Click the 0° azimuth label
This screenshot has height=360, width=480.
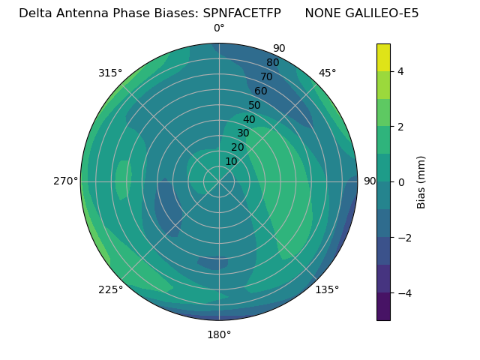tap(219, 28)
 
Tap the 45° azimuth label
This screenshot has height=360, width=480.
tap(327, 73)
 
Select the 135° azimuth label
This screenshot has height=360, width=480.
tap(327, 289)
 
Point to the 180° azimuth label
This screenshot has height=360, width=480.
tap(219, 334)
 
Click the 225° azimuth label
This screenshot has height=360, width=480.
tap(110, 289)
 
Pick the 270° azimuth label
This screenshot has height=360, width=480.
tap(66, 181)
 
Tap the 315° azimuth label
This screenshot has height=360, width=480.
tap(110, 73)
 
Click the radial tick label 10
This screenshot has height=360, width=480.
tap(231, 161)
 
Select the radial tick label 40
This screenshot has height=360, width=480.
tap(249, 119)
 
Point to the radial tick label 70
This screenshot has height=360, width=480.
tap(266, 76)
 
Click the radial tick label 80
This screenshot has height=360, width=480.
tap(272, 62)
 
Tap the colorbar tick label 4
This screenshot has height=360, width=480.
tap(401, 71)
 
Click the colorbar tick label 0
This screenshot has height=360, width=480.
tap(401, 181)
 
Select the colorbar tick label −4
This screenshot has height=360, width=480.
tap(403, 292)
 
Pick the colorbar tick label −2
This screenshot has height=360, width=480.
tap(403, 237)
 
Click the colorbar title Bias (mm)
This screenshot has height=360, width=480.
tap(421, 181)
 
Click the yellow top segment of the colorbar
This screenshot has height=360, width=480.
tap(383, 57)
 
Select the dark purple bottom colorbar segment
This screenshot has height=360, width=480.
tap(383, 307)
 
